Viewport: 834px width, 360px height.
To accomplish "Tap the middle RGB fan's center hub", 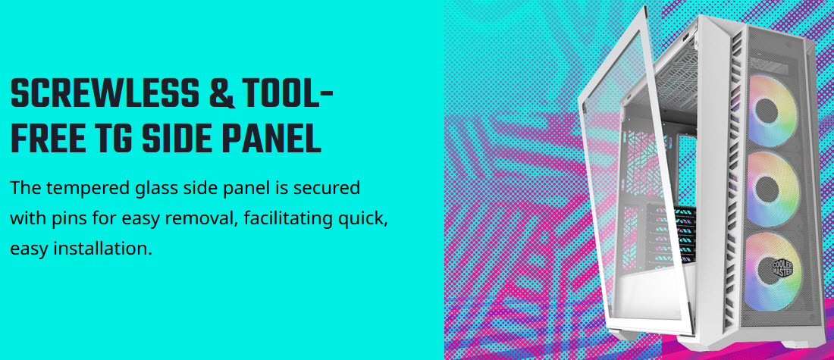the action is (767, 189).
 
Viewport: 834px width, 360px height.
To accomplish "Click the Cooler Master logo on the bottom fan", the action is (782, 268).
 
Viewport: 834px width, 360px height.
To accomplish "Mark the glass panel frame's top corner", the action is (644, 8).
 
